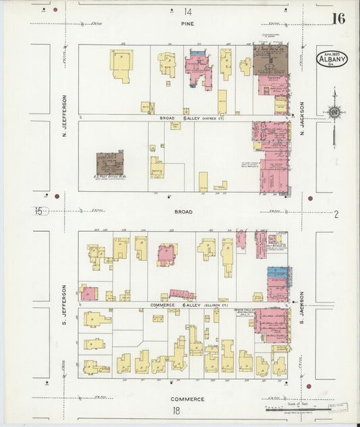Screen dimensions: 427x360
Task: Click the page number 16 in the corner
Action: pyautogui.click(x=338, y=18)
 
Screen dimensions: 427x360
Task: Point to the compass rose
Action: pyautogui.click(x=333, y=112)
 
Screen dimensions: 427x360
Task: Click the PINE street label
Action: pyautogui.click(x=187, y=24)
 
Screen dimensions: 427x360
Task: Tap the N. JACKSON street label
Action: pyautogui.click(x=302, y=118)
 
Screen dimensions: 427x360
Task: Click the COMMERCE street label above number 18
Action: pyautogui.click(x=187, y=399)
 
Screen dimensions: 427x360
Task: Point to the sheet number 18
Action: pyautogui.click(x=176, y=410)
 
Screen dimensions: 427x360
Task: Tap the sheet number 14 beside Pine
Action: pyautogui.click(x=187, y=11)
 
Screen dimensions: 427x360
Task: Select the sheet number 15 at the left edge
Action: pyautogui.click(x=38, y=211)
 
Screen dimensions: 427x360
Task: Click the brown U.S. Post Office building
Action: pyautogui.click(x=110, y=162)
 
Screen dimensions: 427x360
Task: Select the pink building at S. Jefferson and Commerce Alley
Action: pyautogui.click(x=88, y=293)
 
